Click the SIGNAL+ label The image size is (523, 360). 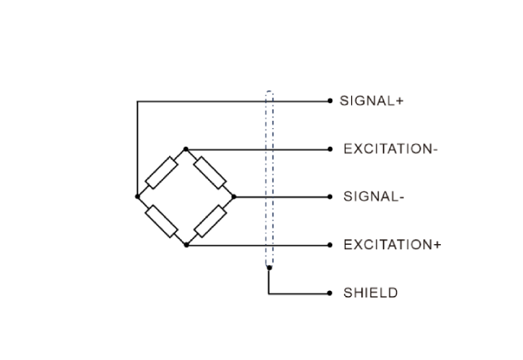(x=371, y=102)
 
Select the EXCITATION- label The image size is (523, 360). (x=391, y=149)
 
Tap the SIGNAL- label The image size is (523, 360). (x=371, y=197)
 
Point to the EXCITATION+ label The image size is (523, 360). (x=392, y=245)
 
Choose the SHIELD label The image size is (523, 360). (x=370, y=293)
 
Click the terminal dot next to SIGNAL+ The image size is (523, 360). (x=329, y=102)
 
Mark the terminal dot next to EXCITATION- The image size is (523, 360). (x=329, y=149)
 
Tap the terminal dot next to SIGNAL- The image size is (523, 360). (x=329, y=197)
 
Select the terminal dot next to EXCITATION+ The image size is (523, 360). (x=329, y=245)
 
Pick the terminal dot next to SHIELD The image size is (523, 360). (x=329, y=293)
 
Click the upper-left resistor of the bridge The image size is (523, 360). (x=162, y=172)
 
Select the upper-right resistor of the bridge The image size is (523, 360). (x=210, y=172)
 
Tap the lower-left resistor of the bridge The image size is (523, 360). (x=162, y=220)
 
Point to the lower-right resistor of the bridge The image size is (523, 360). (x=210, y=220)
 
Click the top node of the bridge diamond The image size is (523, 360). (x=186, y=149)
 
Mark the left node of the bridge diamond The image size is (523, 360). (x=137, y=196)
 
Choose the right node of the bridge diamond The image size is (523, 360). (x=234, y=196)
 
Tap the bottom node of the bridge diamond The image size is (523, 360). (x=186, y=245)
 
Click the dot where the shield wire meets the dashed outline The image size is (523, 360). (x=269, y=269)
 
